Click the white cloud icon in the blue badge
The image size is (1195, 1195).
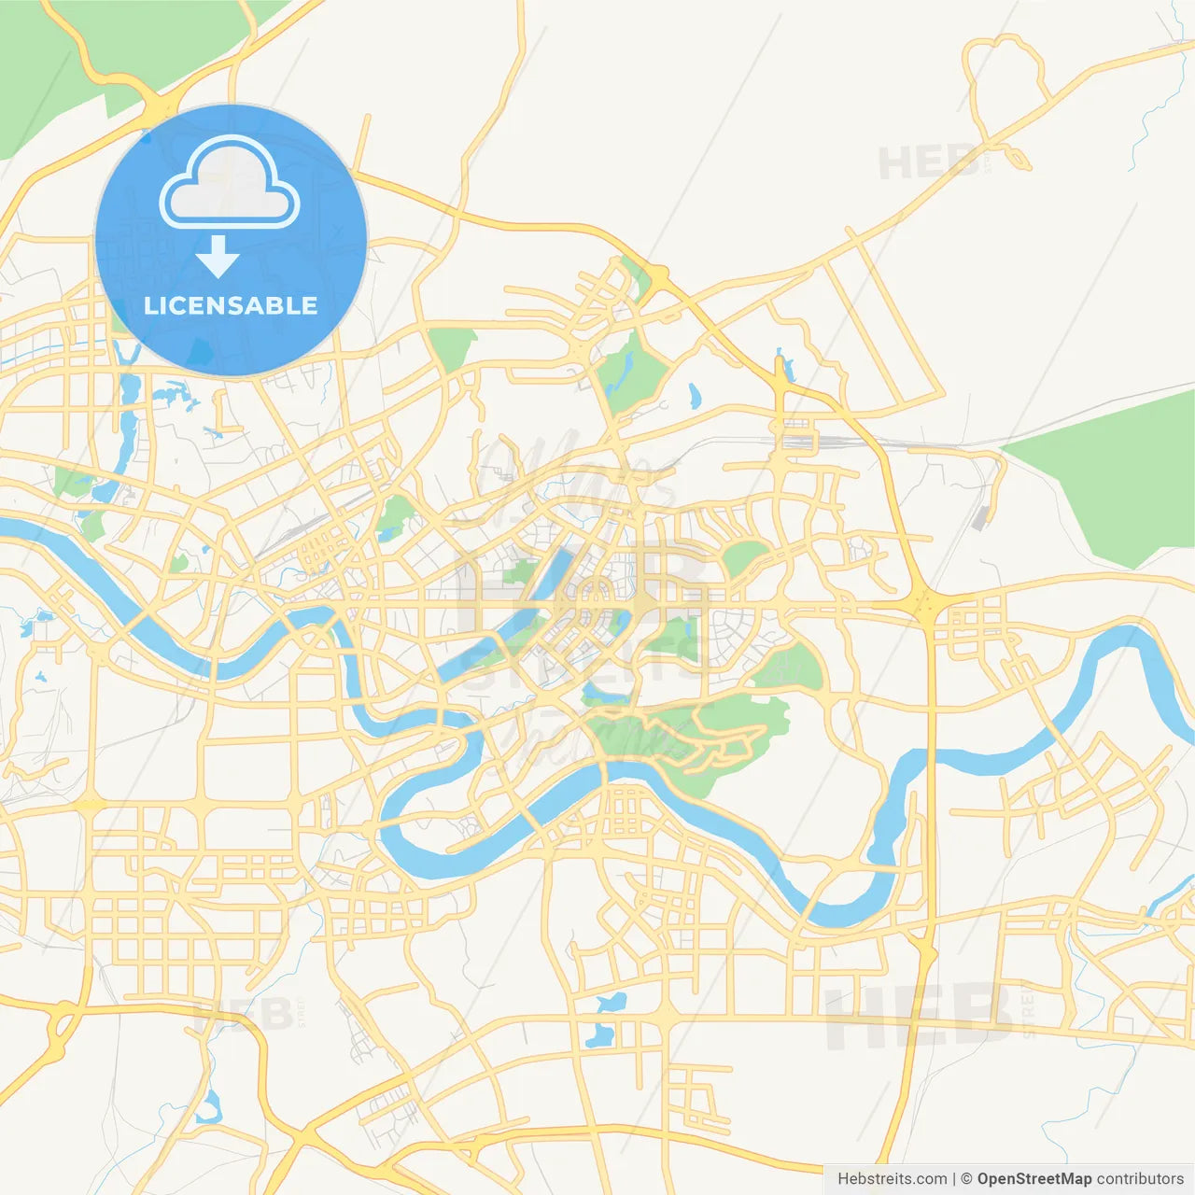pyautogui.click(x=230, y=184)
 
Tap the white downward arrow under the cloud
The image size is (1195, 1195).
pyautogui.click(x=218, y=257)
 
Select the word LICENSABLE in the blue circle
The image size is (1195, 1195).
pyautogui.click(x=231, y=305)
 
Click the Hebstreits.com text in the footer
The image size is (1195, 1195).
pyautogui.click(x=892, y=1179)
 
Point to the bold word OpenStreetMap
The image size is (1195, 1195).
pyautogui.click(x=1034, y=1179)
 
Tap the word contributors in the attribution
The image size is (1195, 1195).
pyautogui.click(x=1140, y=1179)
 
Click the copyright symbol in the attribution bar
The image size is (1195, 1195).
pyautogui.click(x=966, y=1179)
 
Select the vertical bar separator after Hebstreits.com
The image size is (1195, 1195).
pyautogui.click(x=953, y=1179)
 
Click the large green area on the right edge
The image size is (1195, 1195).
pyautogui.click(x=1111, y=476)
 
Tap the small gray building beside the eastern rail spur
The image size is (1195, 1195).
pyautogui.click(x=979, y=517)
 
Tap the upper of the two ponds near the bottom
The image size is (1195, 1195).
pyautogui.click(x=611, y=1003)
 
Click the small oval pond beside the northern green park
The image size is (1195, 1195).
pyautogui.click(x=694, y=396)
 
